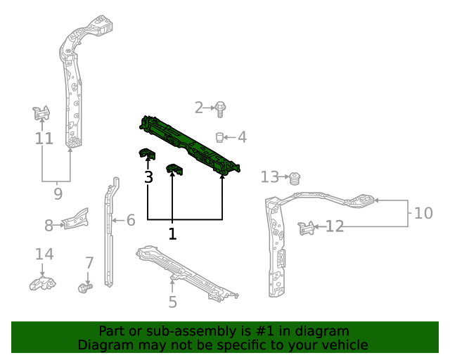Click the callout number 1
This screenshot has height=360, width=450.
[x=172, y=233]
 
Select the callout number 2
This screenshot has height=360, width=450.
[x=199, y=108]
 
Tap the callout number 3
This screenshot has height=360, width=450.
[x=148, y=177]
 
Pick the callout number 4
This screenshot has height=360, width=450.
[x=242, y=137]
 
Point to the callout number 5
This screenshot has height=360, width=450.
[x=172, y=302]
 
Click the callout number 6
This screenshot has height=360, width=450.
[x=130, y=221]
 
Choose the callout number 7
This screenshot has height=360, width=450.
[x=89, y=263]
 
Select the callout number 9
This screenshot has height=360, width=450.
[x=58, y=193]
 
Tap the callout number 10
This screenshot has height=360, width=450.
[x=423, y=212]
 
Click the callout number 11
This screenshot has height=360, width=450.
[x=44, y=139]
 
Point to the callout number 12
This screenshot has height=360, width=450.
[x=335, y=226]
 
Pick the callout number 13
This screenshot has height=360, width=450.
[x=270, y=176]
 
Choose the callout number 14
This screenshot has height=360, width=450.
[x=44, y=254]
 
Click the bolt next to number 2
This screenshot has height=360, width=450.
[x=220, y=109]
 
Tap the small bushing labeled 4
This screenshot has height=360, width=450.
[x=220, y=136]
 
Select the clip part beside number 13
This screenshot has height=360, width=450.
[x=295, y=176]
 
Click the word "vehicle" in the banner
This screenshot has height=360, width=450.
[x=343, y=345]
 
